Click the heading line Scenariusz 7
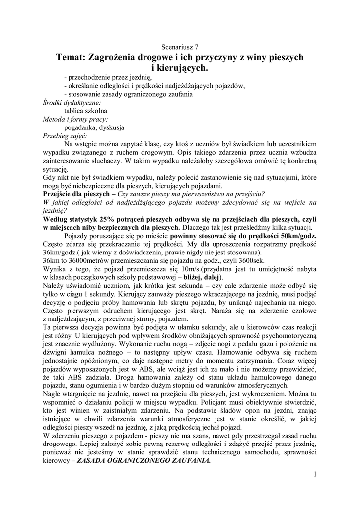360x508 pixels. (180, 47)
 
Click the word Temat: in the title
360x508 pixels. (71, 58)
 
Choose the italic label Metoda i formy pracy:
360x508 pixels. (75, 119)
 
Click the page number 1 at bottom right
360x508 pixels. (315, 474)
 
